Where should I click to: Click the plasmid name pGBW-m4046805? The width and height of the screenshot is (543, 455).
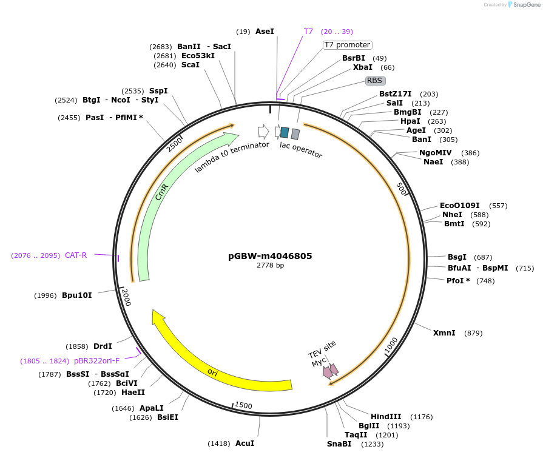(x=270, y=256)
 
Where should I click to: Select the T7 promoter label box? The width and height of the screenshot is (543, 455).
(x=347, y=45)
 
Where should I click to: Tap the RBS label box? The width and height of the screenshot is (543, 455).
(x=375, y=80)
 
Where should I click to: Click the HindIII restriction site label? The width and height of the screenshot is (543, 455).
(x=386, y=416)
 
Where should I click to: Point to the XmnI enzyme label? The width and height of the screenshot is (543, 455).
(x=444, y=333)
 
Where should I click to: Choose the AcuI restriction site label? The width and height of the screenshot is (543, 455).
(x=245, y=443)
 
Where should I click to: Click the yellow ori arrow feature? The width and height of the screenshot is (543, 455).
(x=212, y=371)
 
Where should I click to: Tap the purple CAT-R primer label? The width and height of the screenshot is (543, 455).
(x=76, y=255)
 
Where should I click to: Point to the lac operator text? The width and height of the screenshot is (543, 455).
(x=301, y=150)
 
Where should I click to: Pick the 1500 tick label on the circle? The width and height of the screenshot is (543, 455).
(x=243, y=405)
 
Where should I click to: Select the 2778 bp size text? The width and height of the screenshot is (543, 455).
(x=270, y=265)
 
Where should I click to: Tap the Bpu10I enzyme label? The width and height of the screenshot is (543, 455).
(x=77, y=295)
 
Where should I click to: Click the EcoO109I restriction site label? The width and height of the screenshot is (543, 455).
(x=459, y=206)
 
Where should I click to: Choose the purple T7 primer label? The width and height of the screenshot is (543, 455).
(x=308, y=31)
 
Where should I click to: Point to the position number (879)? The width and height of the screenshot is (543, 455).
(x=473, y=333)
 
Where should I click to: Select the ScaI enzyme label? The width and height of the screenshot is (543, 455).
(x=190, y=65)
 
